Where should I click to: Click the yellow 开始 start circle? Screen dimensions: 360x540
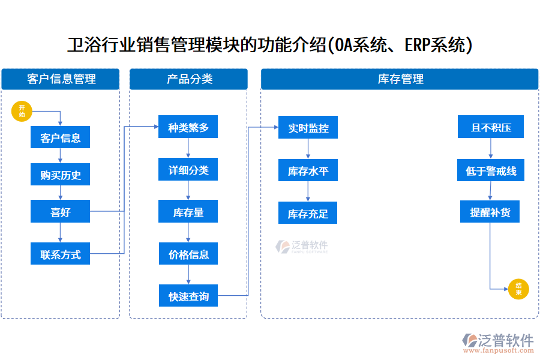coord(22,111)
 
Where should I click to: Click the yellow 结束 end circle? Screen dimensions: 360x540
coord(518,289)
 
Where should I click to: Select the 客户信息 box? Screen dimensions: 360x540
coord(60,138)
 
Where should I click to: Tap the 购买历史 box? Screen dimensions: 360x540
coord(60,175)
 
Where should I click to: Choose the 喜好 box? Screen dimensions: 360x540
coord(60,212)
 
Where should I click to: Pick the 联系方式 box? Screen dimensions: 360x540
coord(60,254)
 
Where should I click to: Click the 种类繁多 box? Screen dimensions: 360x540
coord(188,127)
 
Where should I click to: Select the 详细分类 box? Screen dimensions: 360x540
coord(188,170)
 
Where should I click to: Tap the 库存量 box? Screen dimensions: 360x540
coord(188,212)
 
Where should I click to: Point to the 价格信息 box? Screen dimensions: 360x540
coord(188,254)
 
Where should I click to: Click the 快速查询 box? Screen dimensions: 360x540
coord(188,296)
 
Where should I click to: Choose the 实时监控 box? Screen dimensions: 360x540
coord(308,128)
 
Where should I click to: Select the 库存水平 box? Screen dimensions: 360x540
coord(308,170)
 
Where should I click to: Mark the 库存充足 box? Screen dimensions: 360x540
coord(308,213)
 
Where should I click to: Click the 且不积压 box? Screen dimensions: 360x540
coord(491,127)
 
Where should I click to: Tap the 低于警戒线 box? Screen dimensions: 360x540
coord(491,170)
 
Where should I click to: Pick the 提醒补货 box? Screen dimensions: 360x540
coord(490,212)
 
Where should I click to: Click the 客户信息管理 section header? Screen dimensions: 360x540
coord(61,79)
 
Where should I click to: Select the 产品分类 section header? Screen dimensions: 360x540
coord(188,79)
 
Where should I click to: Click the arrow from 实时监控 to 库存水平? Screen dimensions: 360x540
coord(308,149)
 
